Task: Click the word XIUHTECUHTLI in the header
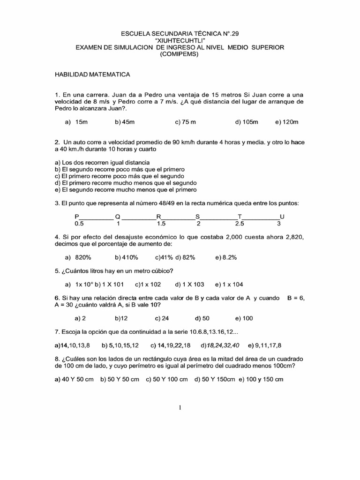[180, 41]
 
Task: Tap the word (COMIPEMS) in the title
[180, 54]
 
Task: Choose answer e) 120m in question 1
[287, 122]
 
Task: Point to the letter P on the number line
[77, 217]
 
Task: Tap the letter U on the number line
[282, 217]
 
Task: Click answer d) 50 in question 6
[202, 318]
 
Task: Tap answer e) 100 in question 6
[244, 318]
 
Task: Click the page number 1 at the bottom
[180, 407]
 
